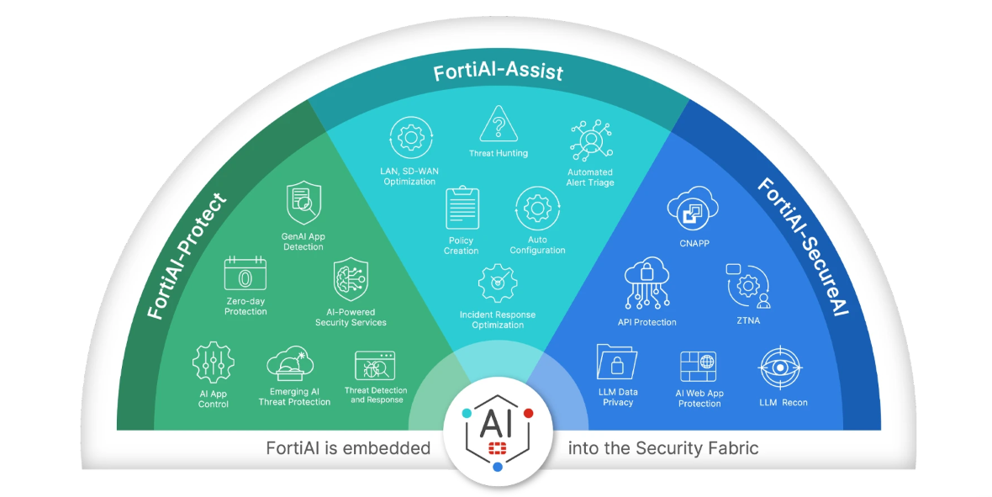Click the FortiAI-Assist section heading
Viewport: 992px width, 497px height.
click(x=498, y=72)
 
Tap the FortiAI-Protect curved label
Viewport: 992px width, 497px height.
click(x=187, y=256)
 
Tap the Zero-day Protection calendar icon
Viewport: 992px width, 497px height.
click(x=245, y=275)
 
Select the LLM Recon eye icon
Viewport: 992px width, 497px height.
click(x=783, y=368)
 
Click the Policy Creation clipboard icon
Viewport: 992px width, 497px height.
click(x=462, y=209)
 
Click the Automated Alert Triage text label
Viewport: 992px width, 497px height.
click(x=589, y=177)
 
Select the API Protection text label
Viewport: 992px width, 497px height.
click(x=646, y=322)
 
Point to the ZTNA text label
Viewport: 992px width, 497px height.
click(x=747, y=320)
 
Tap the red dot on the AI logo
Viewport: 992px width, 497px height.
click(x=528, y=413)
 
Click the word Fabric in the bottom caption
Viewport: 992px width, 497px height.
click(x=731, y=448)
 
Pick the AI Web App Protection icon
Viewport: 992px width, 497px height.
click(x=699, y=367)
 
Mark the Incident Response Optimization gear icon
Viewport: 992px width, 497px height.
click(x=498, y=283)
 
